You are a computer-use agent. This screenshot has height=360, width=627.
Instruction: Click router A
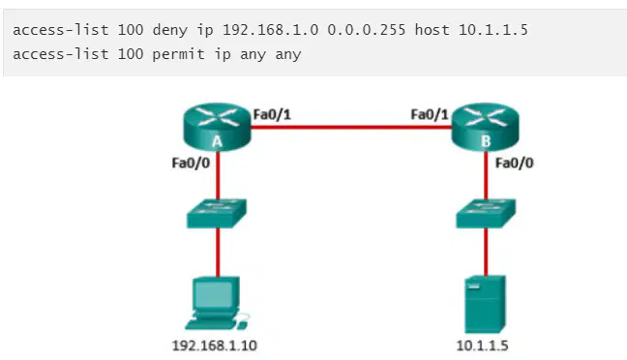(x=217, y=127)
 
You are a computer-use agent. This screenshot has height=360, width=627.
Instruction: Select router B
(x=485, y=127)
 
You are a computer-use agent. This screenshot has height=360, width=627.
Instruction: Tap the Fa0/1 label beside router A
(x=272, y=115)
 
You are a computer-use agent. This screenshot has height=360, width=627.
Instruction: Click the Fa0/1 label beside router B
(x=430, y=115)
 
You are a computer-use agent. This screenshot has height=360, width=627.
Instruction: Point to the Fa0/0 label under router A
(x=191, y=163)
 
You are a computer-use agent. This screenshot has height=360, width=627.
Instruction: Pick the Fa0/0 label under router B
(x=514, y=163)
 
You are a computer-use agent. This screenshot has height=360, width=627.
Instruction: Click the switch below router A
(x=217, y=214)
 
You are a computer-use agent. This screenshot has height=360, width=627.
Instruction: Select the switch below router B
(x=486, y=214)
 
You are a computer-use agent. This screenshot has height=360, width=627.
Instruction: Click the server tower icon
(x=485, y=304)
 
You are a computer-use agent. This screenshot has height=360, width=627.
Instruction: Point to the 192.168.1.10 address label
(x=215, y=345)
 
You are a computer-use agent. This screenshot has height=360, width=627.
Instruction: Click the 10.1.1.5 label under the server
(x=482, y=345)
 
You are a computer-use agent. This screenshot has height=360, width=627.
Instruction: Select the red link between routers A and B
(x=351, y=128)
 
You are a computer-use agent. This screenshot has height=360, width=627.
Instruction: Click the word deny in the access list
(x=170, y=30)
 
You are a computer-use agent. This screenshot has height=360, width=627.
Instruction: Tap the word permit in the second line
(x=178, y=54)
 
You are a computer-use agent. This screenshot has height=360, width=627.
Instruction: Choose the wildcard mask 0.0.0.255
(x=367, y=30)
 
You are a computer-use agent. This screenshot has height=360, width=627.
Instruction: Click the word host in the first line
(x=432, y=30)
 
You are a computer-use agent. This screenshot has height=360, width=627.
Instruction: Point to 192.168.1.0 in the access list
(x=270, y=30)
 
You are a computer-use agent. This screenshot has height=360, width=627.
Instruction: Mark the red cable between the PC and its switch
(x=218, y=253)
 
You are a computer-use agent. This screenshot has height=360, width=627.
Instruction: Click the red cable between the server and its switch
(x=486, y=252)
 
